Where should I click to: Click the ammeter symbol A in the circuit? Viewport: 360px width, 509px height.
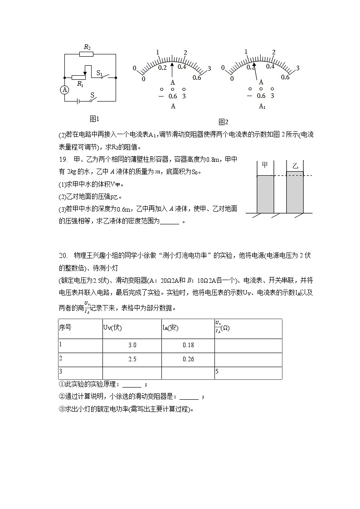point(65,90)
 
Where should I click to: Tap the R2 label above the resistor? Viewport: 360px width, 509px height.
point(87,47)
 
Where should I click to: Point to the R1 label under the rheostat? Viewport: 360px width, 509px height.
point(80,84)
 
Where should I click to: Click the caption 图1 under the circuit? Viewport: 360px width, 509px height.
point(94,119)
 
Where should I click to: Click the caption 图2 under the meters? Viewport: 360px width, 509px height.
point(223,122)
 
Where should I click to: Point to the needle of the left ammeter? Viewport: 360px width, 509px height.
point(172,70)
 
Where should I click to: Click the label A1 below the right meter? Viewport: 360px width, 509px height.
point(262,106)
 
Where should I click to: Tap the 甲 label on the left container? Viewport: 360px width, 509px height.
point(265,165)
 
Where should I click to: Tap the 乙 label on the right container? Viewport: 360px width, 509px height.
point(295,166)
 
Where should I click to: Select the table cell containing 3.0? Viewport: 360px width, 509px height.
point(132,345)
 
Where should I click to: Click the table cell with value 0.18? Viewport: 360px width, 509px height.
point(188,345)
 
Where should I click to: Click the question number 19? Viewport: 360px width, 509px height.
point(63,159)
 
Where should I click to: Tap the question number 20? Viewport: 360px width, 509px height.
point(63,256)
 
